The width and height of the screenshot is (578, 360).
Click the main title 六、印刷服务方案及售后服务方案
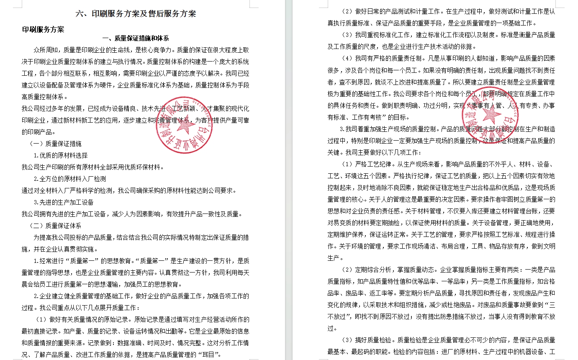tap(136, 13)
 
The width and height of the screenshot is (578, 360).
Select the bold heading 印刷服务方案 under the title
tap(43, 29)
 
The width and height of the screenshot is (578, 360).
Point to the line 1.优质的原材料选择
tap(61, 155)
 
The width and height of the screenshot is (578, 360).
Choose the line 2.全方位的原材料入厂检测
tap(69, 179)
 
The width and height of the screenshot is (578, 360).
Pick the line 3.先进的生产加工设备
tap(64, 202)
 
